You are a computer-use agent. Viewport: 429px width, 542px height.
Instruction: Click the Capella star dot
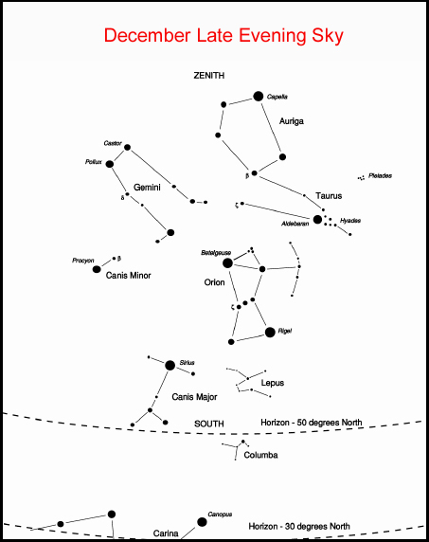tap(258, 96)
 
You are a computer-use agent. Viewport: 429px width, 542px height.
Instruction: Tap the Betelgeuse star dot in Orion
tap(227, 263)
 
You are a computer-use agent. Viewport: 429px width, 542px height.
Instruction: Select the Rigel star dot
tap(270, 333)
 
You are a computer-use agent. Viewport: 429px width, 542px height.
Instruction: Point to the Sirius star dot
tap(170, 365)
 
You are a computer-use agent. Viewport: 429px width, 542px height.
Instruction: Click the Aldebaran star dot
tap(317, 219)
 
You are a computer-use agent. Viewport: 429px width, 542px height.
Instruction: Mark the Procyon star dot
tap(97, 269)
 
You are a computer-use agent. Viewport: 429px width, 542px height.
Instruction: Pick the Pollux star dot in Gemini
tap(110, 164)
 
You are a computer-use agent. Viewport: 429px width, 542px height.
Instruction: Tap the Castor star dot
tap(127, 147)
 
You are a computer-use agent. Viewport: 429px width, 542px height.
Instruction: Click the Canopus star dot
tap(202, 522)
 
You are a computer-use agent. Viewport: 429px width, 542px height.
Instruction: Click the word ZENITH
tap(209, 76)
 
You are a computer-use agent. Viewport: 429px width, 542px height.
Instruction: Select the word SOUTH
tap(209, 424)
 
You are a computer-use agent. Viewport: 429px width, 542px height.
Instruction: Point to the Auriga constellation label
tap(292, 121)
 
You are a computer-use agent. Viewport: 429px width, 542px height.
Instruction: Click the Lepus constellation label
tap(273, 383)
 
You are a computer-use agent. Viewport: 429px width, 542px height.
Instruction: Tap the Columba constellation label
tap(260, 455)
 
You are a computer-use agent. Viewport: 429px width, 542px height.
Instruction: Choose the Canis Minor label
tap(129, 276)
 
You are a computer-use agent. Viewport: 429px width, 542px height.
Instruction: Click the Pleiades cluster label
tap(380, 175)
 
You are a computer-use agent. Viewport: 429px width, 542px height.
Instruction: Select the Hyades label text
tap(350, 221)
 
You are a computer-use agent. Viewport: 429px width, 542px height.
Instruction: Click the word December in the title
tap(148, 35)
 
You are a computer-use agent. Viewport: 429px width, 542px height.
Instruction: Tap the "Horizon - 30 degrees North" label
tap(299, 527)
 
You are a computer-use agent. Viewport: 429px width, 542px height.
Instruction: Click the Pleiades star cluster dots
tap(361, 178)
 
